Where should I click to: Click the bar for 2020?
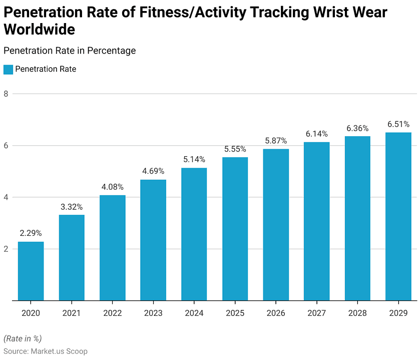point(31,271)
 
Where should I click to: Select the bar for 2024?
point(194,234)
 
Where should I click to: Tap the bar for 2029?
point(398,216)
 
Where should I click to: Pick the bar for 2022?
point(112,247)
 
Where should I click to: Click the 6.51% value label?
point(398,124)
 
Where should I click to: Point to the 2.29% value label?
point(31,233)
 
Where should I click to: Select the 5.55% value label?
point(235,149)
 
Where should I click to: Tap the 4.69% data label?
point(153,171)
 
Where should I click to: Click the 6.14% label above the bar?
point(316,134)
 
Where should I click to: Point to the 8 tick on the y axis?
point(7,94)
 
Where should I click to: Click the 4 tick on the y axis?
point(7,197)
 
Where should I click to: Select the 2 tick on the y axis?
point(7,249)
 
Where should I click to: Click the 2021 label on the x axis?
point(72,313)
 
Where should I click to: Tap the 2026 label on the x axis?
point(275,313)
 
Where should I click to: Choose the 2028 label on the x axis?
point(357,313)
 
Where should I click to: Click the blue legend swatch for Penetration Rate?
point(8,70)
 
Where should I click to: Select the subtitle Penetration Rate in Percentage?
point(70,51)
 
